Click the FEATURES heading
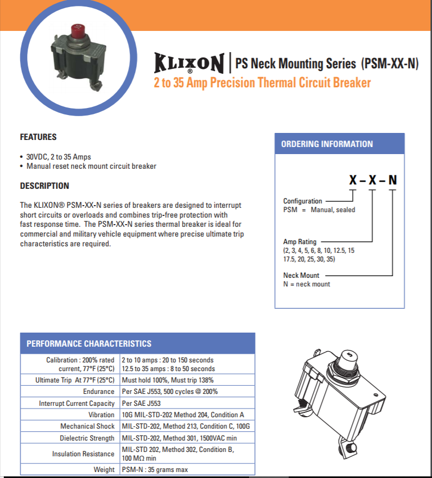pyautogui.click(x=38, y=137)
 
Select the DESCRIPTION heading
pyautogui.click(x=45, y=186)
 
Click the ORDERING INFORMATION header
pyautogui.click(x=327, y=144)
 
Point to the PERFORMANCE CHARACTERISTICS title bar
pyautogui.click(x=89, y=343)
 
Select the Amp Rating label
pyautogui.click(x=300, y=242)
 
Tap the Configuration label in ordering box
pyautogui.click(x=302, y=201)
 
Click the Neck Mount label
pyautogui.click(x=301, y=275)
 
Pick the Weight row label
pyautogui.click(x=104, y=469)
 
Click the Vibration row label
pyautogui.click(x=101, y=415)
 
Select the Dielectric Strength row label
pyautogui.click(x=87, y=438)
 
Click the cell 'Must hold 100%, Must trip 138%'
pyautogui.click(x=168, y=380)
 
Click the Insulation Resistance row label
pyautogui.click(x=83, y=454)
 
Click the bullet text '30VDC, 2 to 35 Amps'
pyautogui.click(x=59, y=157)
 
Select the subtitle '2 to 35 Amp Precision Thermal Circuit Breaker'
pyautogui.click(x=262, y=83)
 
